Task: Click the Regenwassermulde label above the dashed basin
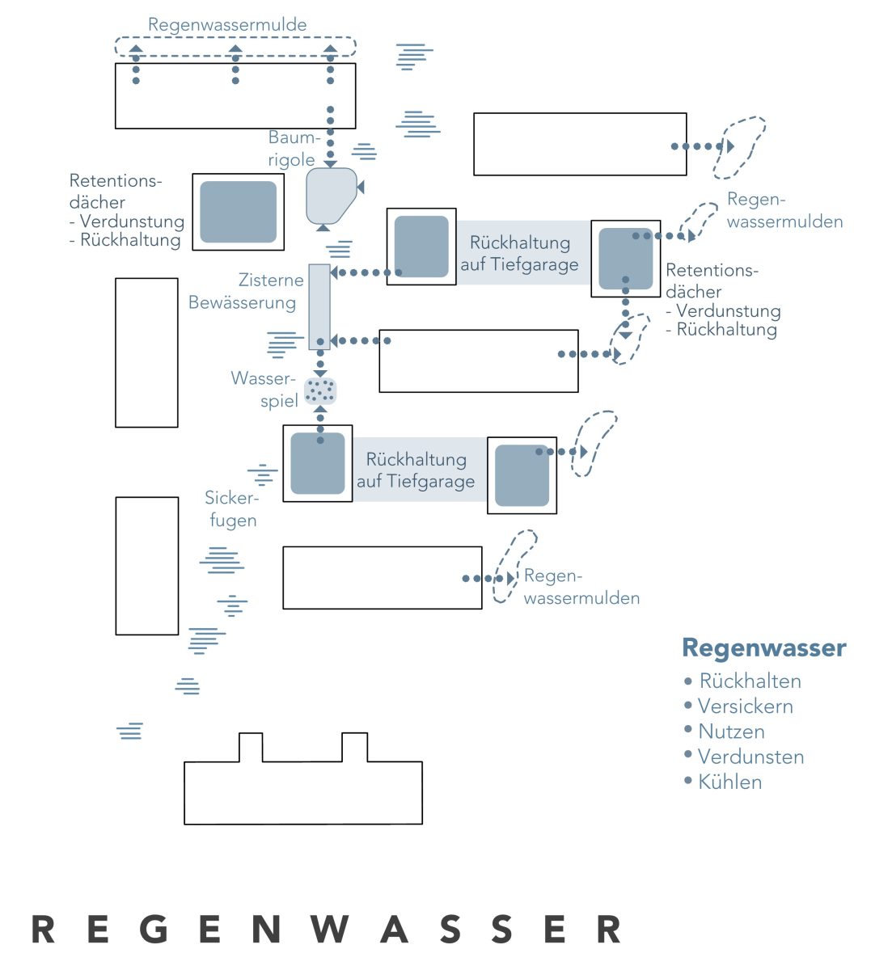coord(227,25)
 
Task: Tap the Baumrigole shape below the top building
coord(331,196)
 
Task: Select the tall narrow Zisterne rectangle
coord(319,306)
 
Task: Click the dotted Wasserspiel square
coord(320,390)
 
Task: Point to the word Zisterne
coord(271,280)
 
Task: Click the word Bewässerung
coord(242,302)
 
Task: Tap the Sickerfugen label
coord(232,508)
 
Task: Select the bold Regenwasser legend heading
coord(763,647)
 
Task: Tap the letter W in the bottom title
coord(329,928)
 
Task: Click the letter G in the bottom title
coord(154,928)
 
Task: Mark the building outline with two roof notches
coord(303,778)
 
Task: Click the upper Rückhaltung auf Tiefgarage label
coord(519,253)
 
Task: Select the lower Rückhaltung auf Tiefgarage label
coord(416,470)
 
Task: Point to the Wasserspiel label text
coord(264,390)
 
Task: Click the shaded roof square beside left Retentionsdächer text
coord(238,212)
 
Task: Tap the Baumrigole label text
coord(294,149)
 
